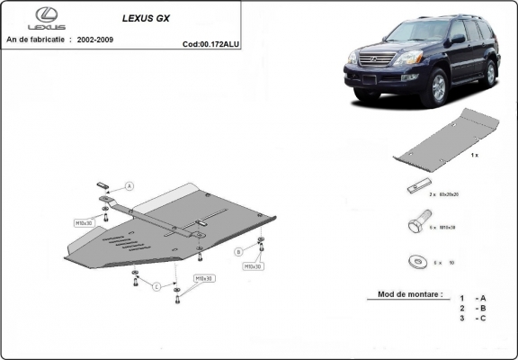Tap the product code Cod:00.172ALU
[x=210, y=42]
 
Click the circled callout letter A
[x=129, y=185]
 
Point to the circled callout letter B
[x=238, y=251]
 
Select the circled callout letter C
[x=156, y=286]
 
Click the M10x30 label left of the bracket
[x=85, y=220]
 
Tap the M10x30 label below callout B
[x=253, y=266]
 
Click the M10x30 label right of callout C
[x=204, y=279]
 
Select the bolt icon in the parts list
[x=417, y=222]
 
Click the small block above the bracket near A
[x=104, y=185]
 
